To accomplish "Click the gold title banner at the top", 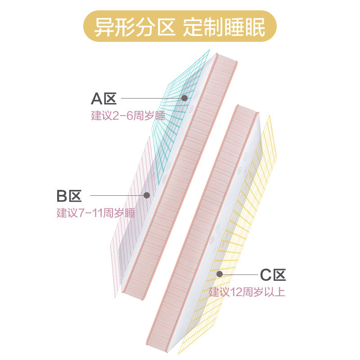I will tap(180, 27).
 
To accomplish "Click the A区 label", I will tap(104, 98).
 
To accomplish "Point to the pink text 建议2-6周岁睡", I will tap(128, 115).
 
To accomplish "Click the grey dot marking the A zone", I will tap(184, 98).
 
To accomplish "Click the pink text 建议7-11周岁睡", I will tap(96, 213).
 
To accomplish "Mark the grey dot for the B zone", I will tap(146, 195).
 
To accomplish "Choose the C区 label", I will tap(273, 274).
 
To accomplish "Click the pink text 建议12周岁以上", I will tap(247, 292).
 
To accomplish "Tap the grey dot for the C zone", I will tap(220, 274).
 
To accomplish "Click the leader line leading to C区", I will tap(238, 274).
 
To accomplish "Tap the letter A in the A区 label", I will tap(97, 98).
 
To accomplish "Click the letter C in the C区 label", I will tap(265, 274).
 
